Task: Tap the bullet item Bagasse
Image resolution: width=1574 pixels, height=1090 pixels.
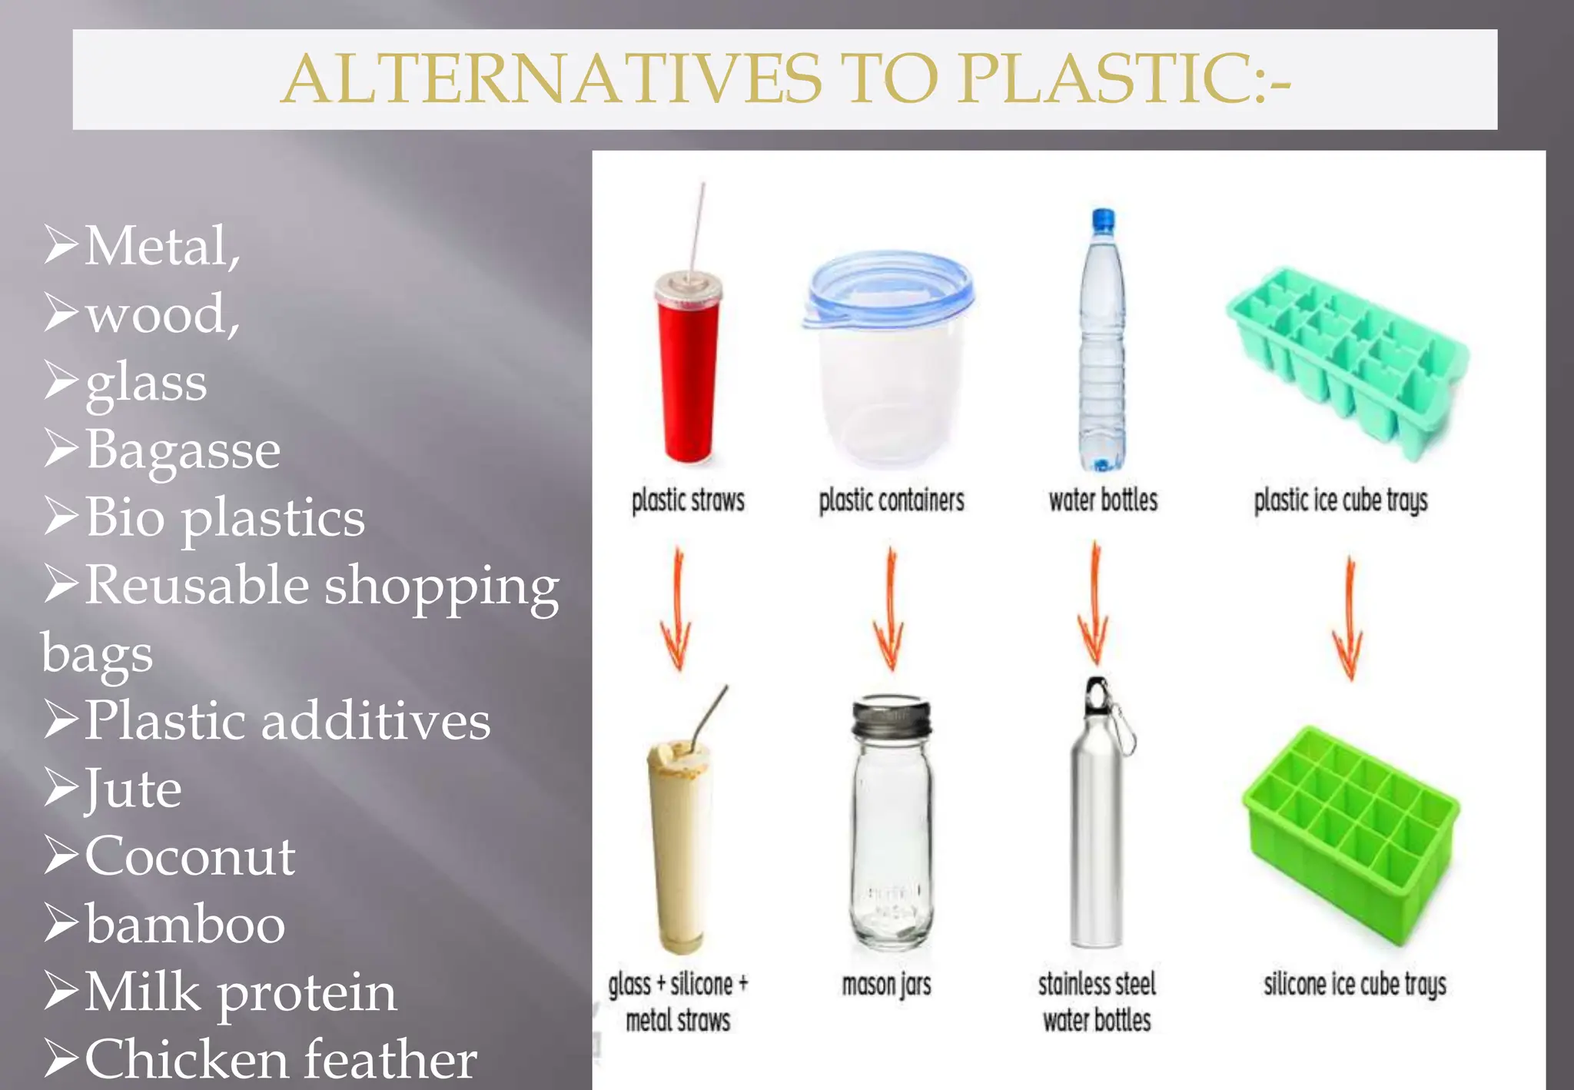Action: (x=183, y=450)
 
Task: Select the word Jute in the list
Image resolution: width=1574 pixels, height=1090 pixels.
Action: (x=133, y=789)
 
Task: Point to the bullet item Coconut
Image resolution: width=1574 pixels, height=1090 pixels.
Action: (x=190, y=856)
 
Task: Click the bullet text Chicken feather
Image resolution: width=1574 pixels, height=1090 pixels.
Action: (x=281, y=1059)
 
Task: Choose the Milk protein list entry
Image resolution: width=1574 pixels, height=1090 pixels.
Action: (x=241, y=992)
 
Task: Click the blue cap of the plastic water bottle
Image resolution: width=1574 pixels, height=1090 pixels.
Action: (x=1103, y=219)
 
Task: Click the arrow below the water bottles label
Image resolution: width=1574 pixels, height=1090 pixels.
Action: (x=1095, y=603)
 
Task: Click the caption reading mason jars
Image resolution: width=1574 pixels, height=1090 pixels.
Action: (x=886, y=985)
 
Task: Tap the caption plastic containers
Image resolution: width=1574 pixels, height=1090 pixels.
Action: (x=892, y=501)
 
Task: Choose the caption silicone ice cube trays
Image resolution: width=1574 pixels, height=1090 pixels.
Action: (x=1355, y=985)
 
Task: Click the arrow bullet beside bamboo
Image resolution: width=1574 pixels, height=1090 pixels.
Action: (x=61, y=922)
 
